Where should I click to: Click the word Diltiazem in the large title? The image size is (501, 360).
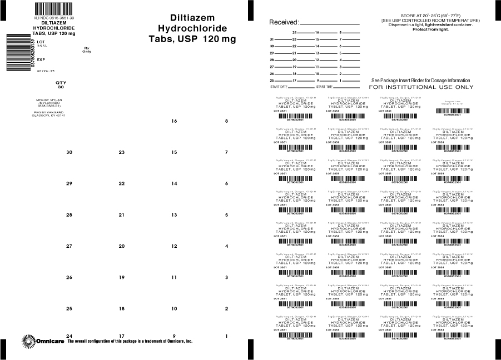(192, 17)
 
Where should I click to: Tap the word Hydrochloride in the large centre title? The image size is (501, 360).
(192, 28)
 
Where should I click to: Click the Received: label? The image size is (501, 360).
(284, 23)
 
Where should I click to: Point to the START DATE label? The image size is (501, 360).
(279, 87)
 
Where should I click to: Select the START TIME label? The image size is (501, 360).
(325, 87)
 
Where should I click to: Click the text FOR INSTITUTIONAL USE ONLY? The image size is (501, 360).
(421, 87)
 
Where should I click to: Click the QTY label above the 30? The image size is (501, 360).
(61, 82)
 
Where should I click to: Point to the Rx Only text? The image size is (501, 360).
(86, 50)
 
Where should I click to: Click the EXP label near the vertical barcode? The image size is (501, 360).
(41, 59)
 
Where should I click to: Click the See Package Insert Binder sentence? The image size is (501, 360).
(420, 81)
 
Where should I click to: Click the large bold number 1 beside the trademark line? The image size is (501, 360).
(226, 336)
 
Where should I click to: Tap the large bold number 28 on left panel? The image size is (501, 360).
(69, 214)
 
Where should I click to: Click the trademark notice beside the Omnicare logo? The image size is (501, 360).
(130, 341)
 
